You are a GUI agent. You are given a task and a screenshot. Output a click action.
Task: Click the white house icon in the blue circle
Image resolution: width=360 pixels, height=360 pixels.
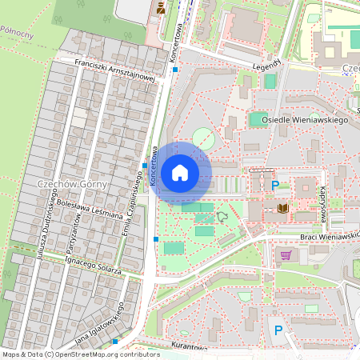(x=180, y=172)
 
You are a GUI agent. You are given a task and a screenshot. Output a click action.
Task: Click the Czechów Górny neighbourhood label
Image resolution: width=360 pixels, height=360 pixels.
(x=66, y=185)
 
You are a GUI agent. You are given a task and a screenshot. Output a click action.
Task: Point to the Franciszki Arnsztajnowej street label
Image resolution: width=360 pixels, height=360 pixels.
(x=113, y=70)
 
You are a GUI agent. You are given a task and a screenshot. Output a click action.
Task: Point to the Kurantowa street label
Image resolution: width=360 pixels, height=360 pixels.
(x=189, y=348)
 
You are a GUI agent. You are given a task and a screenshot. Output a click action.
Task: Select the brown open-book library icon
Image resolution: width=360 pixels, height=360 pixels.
(x=282, y=209)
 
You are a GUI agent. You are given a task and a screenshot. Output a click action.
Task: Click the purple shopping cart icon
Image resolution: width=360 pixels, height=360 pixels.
(x=286, y=255)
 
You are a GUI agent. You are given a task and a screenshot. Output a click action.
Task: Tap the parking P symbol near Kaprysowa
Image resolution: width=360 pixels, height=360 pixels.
(x=276, y=186)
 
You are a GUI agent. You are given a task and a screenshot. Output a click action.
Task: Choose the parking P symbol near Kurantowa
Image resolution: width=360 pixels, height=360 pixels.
(x=278, y=330)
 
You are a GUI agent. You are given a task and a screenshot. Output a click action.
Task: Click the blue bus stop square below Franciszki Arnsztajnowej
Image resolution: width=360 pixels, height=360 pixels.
(x=175, y=70)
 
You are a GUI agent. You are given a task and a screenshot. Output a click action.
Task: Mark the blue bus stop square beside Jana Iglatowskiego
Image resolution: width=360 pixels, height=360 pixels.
(x=116, y=341)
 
